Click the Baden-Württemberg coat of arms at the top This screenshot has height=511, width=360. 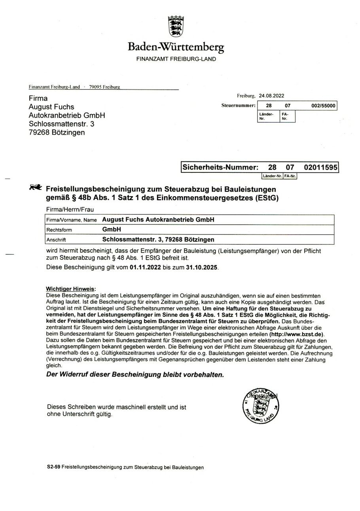tap(176, 26)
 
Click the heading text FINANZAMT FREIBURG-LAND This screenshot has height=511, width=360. tap(176, 59)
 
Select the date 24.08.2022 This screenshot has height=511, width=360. tap(271, 96)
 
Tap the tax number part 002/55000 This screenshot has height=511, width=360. tap(323, 106)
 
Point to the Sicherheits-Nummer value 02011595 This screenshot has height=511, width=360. tap(320, 167)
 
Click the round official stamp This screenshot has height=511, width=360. tap(260, 406)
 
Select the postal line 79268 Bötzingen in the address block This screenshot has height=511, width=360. tap(57, 132)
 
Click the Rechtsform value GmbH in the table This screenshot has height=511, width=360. tap(112, 229)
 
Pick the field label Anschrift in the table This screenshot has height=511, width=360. tap(56, 240)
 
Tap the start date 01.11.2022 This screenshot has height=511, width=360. tap(145, 267)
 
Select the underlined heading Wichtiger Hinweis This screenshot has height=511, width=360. tap(71, 289)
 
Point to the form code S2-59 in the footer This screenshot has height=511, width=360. tap(53, 467)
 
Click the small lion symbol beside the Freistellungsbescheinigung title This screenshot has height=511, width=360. tap(36, 187)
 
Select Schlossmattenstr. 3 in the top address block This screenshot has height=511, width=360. tap(61, 124)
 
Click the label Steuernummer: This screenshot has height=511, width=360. tap(238, 106)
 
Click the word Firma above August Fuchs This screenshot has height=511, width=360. tap(38, 98)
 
